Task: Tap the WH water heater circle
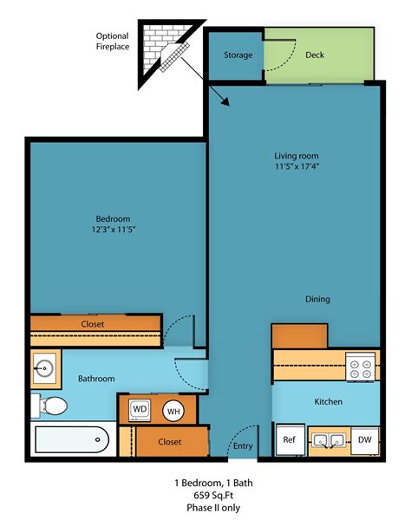pyautogui.click(x=173, y=411)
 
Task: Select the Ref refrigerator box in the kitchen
pyautogui.click(x=289, y=440)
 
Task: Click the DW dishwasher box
pyautogui.click(x=364, y=440)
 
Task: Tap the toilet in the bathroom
pyautogui.click(x=54, y=405)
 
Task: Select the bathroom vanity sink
pyautogui.click(x=46, y=368)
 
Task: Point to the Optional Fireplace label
pyautogui.click(x=113, y=41)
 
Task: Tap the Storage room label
pyautogui.click(x=238, y=55)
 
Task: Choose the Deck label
pyautogui.click(x=315, y=55)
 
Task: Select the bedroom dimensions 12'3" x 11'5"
pyautogui.click(x=112, y=230)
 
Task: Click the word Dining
pyautogui.click(x=317, y=299)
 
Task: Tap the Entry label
pyautogui.click(x=243, y=446)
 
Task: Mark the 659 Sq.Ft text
pyautogui.click(x=205, y=496)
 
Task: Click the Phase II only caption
pyautogui.click(x=205, y=508)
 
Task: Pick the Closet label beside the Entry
pyautogui.click(x=170, y=442)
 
